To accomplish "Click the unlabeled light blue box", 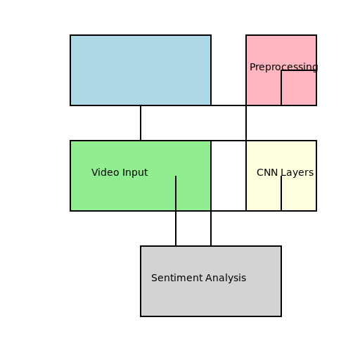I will (141, 70).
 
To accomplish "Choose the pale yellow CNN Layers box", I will (264, 193).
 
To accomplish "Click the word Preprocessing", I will (283, 67).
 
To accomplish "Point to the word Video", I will (105, 172).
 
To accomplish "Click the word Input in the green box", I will (135, 172).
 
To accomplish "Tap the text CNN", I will (267, 172).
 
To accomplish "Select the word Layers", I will (297, 172).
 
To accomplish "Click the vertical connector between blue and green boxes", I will (141, 123).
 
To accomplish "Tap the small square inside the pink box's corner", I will (299, 88).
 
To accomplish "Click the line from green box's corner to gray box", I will (211, 229).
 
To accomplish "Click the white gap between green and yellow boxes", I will (229, 176).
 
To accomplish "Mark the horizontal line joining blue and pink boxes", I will (229, 105).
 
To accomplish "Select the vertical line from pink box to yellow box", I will (246, 123).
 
